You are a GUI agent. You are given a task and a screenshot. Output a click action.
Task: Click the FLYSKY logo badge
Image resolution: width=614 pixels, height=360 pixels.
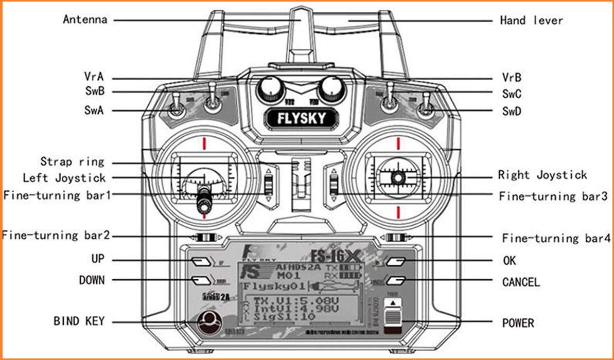point(302,118)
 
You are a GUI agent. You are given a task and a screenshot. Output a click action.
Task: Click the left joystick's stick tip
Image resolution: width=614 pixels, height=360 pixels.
point(205,206)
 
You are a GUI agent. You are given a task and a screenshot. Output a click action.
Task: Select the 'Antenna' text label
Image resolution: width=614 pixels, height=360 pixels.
point(85,20)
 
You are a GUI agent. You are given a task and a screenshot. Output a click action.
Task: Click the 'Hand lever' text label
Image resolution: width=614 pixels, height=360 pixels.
point(531,21)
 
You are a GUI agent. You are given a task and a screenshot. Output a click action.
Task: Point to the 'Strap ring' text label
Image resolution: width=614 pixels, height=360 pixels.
point(72,161)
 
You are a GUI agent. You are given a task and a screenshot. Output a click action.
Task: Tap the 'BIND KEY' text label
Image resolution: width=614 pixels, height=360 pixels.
point(79,321)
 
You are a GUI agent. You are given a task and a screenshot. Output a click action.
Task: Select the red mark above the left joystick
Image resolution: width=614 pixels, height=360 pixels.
point(204,142)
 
